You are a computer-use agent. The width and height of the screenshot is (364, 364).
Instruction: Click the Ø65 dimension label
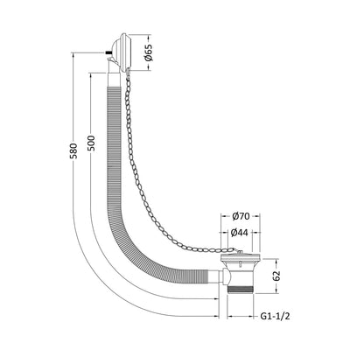tap(149, 52)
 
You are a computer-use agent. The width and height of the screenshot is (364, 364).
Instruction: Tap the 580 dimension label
tap(74, 150)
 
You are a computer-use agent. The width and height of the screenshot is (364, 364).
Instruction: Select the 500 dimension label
tap(91, 143)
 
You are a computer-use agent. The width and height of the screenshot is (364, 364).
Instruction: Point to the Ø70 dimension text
tap(241, 216)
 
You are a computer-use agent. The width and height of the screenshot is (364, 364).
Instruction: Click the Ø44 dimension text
tap(239, 233)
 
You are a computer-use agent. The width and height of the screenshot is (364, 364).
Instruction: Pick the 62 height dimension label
tap(276, 276)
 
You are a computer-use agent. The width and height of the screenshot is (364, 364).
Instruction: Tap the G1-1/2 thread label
tap(275, 316)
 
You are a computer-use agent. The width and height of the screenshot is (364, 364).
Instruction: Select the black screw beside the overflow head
tap(108, 52)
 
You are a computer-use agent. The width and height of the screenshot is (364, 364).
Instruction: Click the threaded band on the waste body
tap(241, 290)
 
